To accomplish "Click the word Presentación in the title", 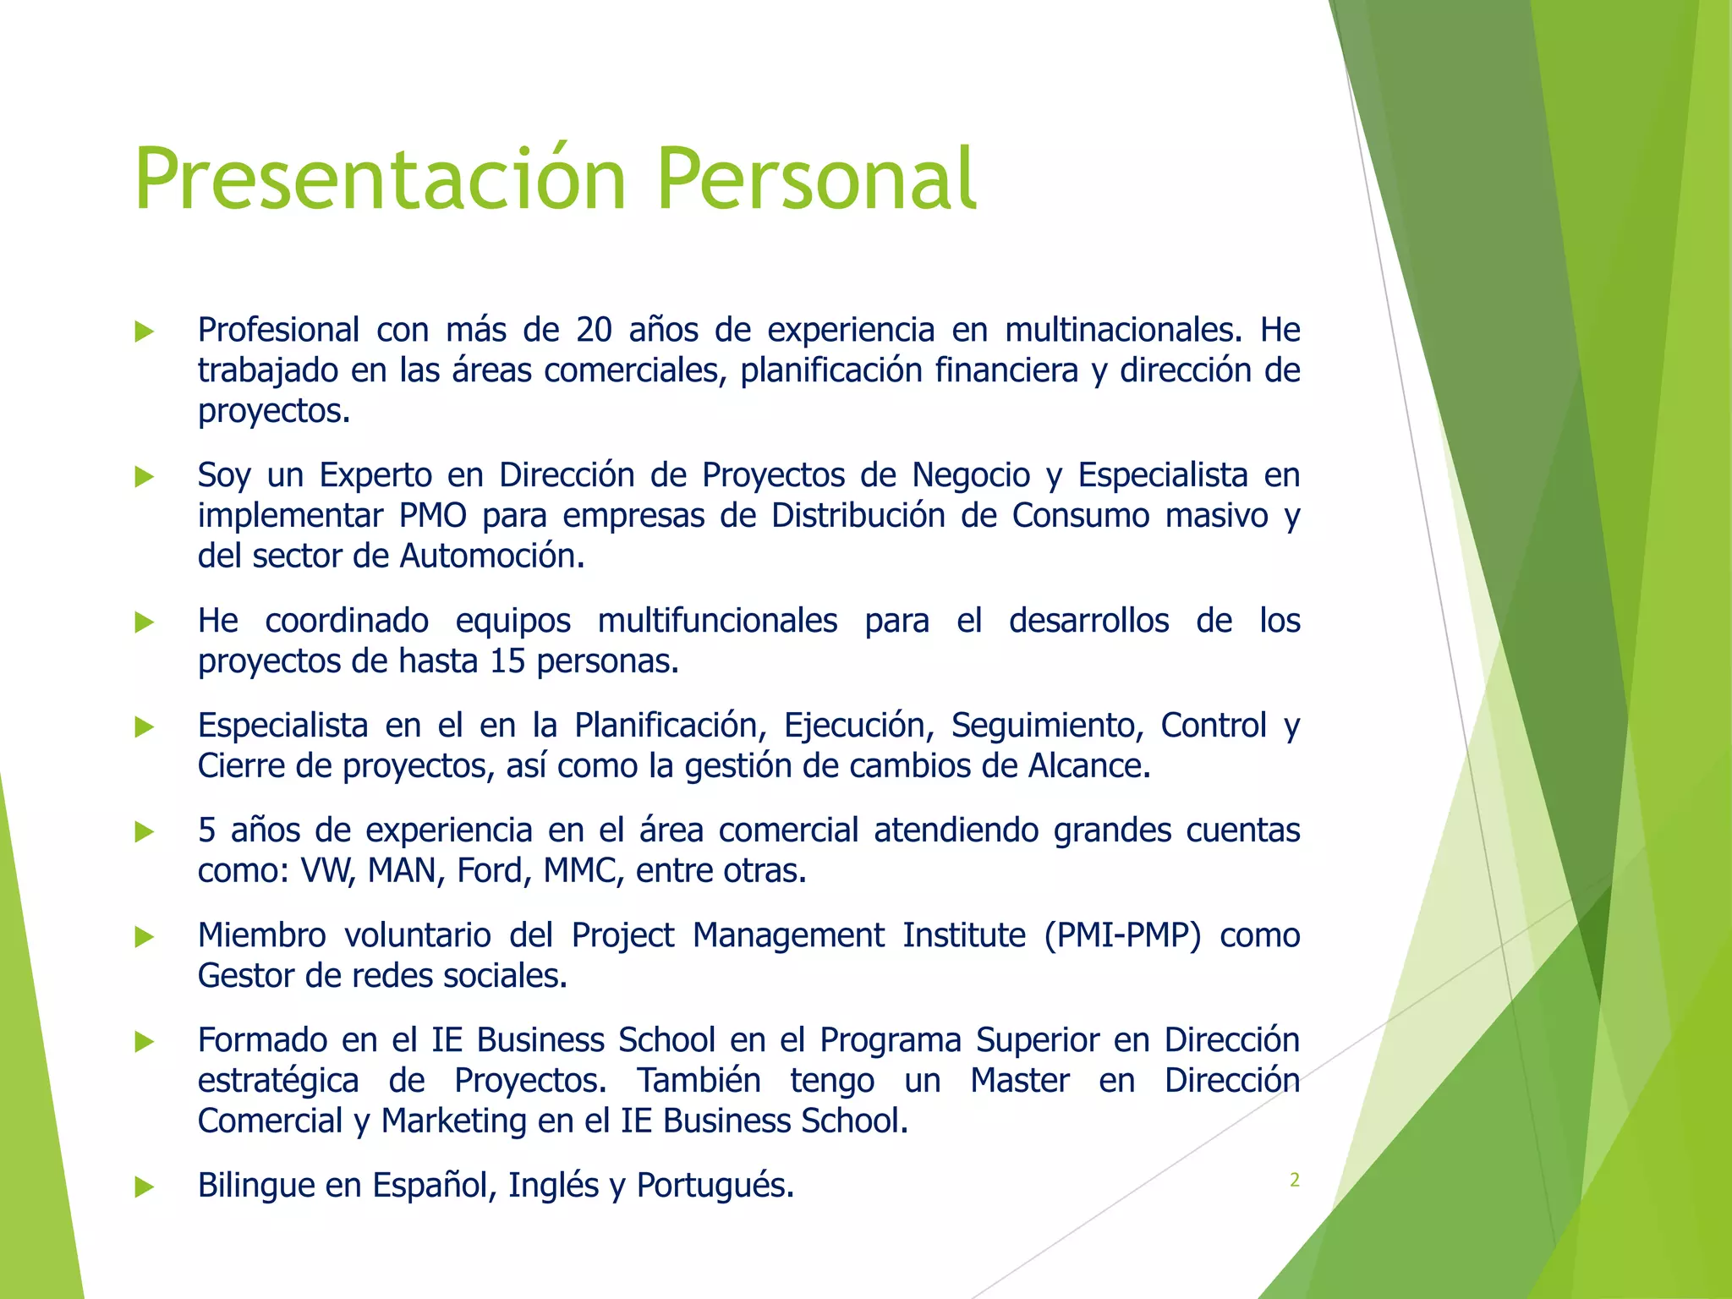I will tap(380, 179).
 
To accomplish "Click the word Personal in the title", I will tap(816, 179).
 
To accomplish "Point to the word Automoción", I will tap(491, 556).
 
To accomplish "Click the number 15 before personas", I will tap(507, 661).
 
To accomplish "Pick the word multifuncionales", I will tap(717, 621).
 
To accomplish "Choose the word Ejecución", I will tap(858, 726).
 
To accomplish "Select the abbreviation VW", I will tap(327, 871).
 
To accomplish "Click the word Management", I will tap(788, 935).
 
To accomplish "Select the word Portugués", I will tap(715, 1186).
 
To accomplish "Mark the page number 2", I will tap(1294, 1181).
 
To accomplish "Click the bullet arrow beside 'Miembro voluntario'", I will tap(145, 937).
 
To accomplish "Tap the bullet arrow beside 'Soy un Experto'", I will tap(145, 477).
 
